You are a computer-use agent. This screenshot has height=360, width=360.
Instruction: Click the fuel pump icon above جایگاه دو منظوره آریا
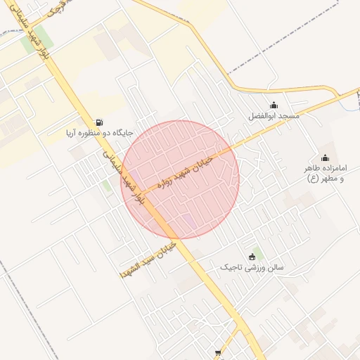(97, 122)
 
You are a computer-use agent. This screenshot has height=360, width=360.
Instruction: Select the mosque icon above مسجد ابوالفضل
(274, 105)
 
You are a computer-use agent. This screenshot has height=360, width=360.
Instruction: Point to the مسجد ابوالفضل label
(274, 115)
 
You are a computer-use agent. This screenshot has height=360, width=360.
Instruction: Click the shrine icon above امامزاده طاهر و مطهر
(325, 157)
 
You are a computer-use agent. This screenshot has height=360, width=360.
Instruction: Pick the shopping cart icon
(218, 354)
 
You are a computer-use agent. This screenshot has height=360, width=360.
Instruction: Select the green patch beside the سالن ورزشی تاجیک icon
(259, 253)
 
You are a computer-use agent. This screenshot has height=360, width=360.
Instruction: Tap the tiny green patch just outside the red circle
(106, 186)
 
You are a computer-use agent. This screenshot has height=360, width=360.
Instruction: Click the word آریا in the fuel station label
(56, 133)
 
